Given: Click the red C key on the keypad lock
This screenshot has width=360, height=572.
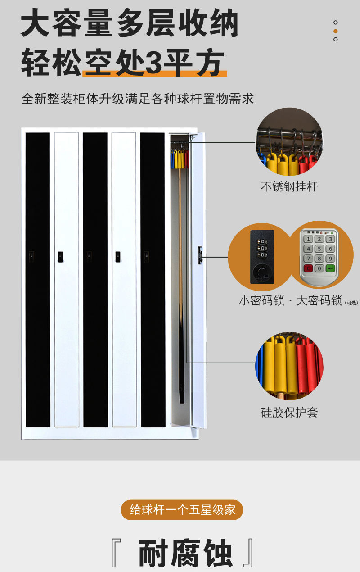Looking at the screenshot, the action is [x=308, y=269].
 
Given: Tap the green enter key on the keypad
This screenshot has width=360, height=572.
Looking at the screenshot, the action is [x=331, y=269].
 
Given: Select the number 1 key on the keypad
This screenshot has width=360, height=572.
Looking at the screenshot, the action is [x=308, y=239].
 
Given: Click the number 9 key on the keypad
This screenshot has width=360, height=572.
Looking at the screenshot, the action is [x=330, y=259].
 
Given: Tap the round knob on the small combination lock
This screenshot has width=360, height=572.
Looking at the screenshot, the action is [x=262, y=272].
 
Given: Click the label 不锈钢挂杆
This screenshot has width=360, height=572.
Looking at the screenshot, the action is [x=289, y=186].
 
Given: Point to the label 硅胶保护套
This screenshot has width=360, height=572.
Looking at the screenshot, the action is [x=289, y=412].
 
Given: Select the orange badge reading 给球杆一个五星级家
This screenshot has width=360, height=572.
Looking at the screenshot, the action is [x=182, y=510].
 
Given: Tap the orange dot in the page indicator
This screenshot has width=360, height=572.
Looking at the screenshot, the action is [x=335, y=31].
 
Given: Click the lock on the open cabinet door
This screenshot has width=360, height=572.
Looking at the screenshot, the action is [x=200, y=255].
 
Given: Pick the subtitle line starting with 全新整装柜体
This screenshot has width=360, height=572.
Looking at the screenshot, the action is [x=138, y=99].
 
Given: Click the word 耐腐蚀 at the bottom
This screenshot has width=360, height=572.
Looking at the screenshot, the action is [x=185, y=554].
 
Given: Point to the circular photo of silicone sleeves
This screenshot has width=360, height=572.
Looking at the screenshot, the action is [x=289, y=366].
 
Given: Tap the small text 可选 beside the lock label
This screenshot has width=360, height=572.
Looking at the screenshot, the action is [x=351, y=303].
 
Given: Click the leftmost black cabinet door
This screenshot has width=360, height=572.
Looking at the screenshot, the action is [x=38, y=279].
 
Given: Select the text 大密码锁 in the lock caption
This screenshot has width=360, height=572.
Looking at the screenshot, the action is [x=319, y=300].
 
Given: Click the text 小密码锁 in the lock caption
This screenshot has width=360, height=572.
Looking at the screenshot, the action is [x=262, y=300].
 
